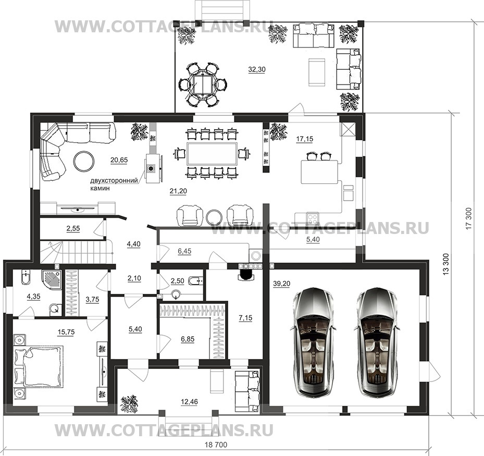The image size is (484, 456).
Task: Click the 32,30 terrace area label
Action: click(x=257, y=70)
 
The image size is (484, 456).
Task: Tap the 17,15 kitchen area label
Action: click(x=305, y=139)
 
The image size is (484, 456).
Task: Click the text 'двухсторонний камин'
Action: click(x=114, y=184)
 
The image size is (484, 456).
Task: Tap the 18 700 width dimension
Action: click(x=216, y=445)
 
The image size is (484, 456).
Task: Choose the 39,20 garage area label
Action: click(x=281, y=284)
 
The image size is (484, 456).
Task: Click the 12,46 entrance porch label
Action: click(x=189, y=402)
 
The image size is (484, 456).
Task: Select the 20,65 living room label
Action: click(x=119, y=160)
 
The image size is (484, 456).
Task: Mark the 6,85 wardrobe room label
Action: click(x=188, y=339)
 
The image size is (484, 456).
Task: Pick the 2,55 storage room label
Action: click(x=73, y=228)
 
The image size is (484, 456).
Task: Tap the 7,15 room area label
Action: click(x=245, y=317)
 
